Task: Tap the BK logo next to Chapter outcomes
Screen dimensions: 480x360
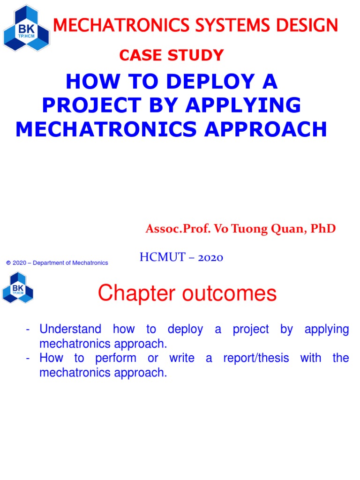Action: tap(18, 287)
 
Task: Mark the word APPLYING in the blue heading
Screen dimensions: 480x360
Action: tap(243, 105)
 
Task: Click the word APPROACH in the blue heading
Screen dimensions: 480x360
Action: tap(265, 129)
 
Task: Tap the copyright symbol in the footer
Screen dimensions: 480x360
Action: tap(8, 263)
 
